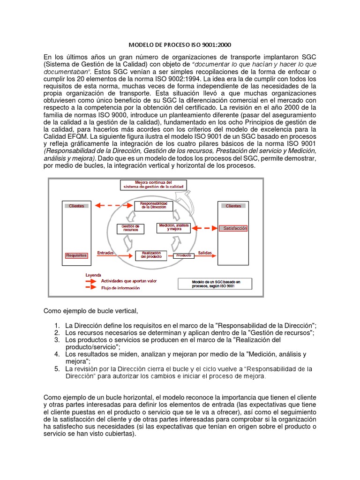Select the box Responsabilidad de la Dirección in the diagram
pyautogui.click(x=150, y=205)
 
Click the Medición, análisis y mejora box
pyautogui.click(x=173, y=228)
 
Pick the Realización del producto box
pyautogui.click(x=150, y=255)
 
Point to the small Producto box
pyautogui.click(x=184, y=255)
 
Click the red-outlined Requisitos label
pyautogui.click(x=76, y=255)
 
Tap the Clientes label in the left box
pyautogui.click(x=76, y=206)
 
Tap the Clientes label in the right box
pyautogui.click(x=233, y=206)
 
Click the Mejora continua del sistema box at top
pyautogui.click(x=153, y=185)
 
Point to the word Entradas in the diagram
pyautogui.click(x=105, y=253)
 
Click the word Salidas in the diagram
pyautogui.click(x=204, y=253)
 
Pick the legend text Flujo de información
pyautogui.click(x=120, y=288)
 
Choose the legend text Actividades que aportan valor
pyautogui.click(x=129, y=281)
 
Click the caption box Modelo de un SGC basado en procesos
pyautogui.click(x=214, y=284)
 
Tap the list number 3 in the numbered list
pyautogui.click(x=56, y=339)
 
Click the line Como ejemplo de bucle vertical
pyautogui.click(x=91, y=311)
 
